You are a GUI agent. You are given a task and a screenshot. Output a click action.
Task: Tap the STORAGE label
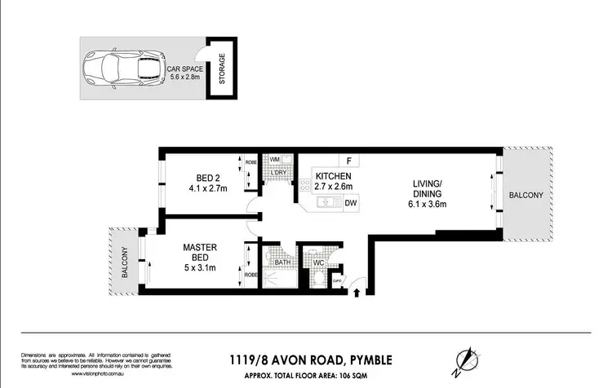(221, 69)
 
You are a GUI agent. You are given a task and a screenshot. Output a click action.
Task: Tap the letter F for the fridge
(349, 161)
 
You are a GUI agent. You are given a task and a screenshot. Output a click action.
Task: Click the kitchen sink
(323, 203)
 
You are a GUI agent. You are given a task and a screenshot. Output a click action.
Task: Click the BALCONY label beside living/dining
(526, 196)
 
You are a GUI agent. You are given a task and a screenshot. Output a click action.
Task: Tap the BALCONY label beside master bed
(126, 262)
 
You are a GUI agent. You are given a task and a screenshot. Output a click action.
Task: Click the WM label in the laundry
(274, 160)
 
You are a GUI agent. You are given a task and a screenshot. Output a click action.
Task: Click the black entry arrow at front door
(355, 294)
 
